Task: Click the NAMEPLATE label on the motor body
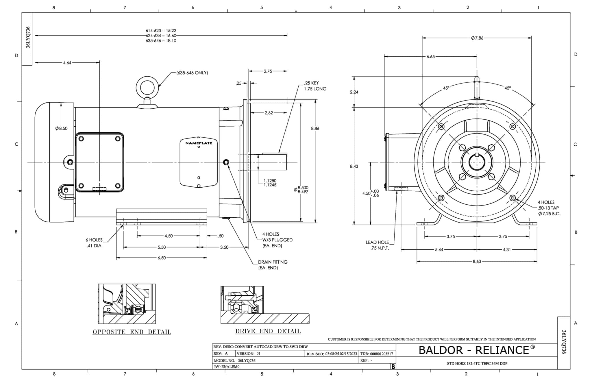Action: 199,143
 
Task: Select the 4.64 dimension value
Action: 67,62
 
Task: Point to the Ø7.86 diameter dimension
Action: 477,38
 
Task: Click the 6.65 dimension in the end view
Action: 430,57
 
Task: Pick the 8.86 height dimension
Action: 315,128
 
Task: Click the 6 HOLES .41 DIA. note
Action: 94,243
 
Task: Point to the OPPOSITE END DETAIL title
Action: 132,332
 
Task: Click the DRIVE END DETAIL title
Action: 268,331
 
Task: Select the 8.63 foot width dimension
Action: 477,261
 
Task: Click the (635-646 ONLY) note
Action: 192,73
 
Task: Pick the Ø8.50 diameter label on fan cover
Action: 61,128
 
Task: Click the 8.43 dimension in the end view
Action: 354,166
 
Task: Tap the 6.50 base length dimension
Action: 162,258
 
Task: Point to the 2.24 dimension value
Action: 354,92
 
